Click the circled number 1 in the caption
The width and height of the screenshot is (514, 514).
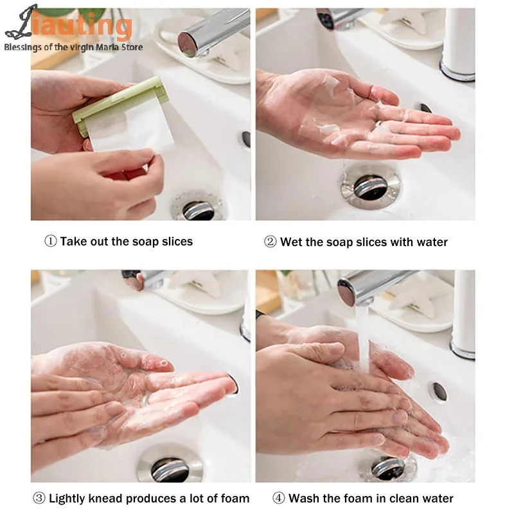(51, 242)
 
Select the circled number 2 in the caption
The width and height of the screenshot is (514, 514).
(270, 242)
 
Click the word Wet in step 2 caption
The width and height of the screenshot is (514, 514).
(291, 242)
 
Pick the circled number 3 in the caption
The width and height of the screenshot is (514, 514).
(39, 498)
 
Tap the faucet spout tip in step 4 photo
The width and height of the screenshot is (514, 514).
(348, 292)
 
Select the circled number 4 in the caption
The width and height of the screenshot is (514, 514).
(278, 498)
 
